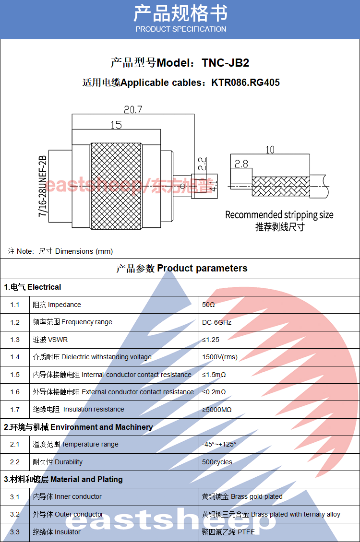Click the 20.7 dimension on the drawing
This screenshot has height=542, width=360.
click(133, 109)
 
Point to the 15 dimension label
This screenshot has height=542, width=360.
click(116, 125)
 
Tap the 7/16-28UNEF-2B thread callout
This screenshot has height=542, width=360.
click(42, 186)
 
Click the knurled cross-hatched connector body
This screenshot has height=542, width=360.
click(116, 186)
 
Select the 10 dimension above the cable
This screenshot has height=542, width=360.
click(270, 150)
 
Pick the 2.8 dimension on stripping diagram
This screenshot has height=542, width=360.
click(241, 164)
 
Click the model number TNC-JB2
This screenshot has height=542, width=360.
click(226, 63)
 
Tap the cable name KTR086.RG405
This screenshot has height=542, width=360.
click(246, 82)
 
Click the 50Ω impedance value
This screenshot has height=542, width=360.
click(208, 305)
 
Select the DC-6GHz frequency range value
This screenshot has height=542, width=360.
click(217, 322)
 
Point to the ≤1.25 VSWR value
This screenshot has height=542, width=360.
click(211, 340)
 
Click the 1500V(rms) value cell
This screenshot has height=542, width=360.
click(220, 357)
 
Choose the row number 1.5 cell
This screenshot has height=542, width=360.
click(15, 375)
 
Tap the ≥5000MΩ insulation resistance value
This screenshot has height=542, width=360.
click(217, 410)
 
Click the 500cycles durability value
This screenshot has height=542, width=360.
click(217, 462)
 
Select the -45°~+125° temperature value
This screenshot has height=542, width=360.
click(219, 445)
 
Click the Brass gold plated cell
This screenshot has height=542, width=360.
click(257, 497)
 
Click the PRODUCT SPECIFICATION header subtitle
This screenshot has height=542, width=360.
click(181, 29)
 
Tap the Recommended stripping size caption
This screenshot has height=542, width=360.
click(279, 215)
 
